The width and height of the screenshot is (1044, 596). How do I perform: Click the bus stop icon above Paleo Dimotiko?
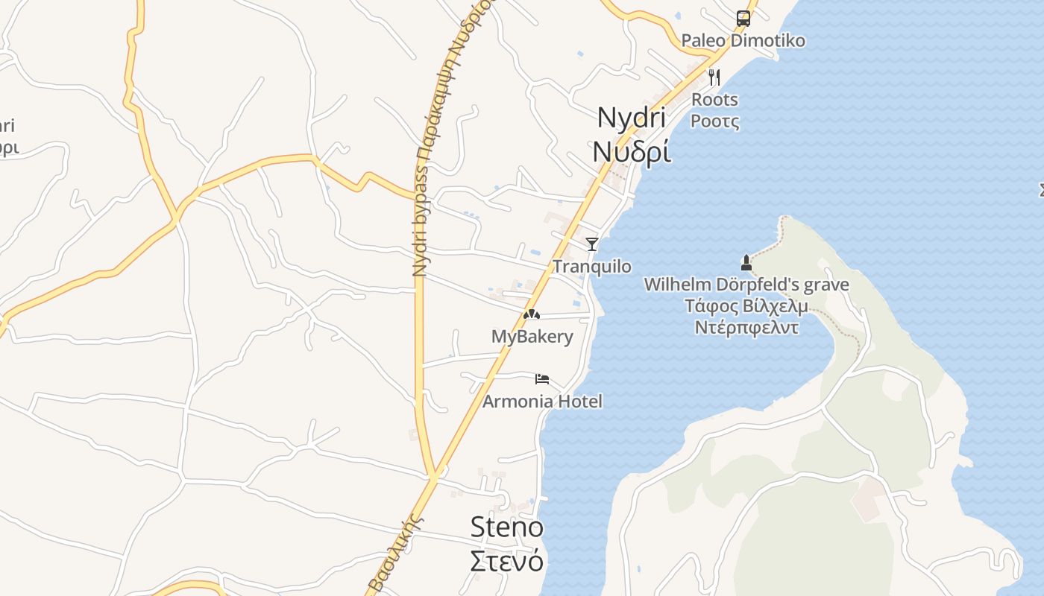tap(743, 18)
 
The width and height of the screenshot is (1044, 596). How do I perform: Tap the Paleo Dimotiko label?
tap(743, 40)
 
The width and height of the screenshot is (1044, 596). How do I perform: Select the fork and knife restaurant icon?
tap(714, 77)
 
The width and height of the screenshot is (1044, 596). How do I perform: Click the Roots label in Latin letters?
tap(714, 100)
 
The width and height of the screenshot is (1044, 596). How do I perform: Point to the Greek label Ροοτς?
tap(714, 121)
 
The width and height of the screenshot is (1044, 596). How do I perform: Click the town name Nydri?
tap(631, 118)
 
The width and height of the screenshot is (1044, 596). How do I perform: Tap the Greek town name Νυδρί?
tap(631, 150)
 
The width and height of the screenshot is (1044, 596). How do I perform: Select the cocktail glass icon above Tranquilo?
tap(592, 244)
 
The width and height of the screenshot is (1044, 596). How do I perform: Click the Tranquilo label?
tap(592, 267)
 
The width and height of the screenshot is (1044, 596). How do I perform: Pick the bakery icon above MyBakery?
tap(531, 314)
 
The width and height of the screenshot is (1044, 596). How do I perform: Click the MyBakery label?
tap(532, 337)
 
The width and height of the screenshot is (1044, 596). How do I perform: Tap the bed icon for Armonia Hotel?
tap(542, 379)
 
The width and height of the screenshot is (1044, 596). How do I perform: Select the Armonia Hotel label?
tap(542, 402)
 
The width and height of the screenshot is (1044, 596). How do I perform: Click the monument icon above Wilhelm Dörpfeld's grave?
tap(746, 262)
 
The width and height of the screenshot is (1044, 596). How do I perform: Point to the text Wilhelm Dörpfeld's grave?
tap(746, 285)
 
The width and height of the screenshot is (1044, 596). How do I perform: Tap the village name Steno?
tap(507, 527)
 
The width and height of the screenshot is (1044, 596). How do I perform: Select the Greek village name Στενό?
tap(507, 560)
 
